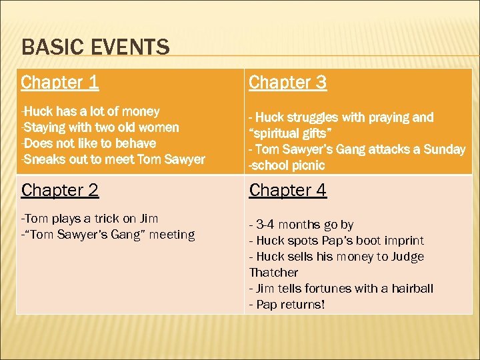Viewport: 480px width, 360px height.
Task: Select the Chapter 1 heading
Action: point(60,83)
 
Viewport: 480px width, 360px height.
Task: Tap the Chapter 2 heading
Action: point(60,190)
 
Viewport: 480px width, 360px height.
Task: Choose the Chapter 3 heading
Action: point(288,83)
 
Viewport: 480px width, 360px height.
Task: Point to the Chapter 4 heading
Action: point(288,190)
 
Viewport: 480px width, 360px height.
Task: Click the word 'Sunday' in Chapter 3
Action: point(442,149)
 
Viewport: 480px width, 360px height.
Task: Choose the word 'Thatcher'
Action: point(273,273)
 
